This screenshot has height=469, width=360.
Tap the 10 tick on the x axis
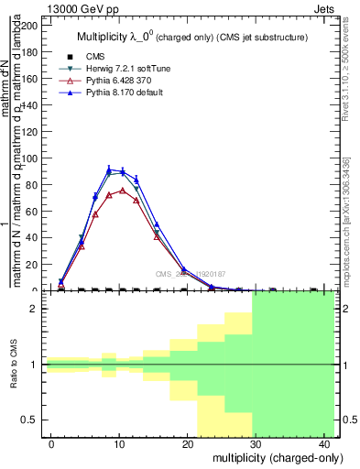tap(118, 443)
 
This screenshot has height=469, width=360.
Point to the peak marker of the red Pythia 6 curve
tap(123, 191)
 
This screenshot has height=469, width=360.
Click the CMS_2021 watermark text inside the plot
tap(190, 273)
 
